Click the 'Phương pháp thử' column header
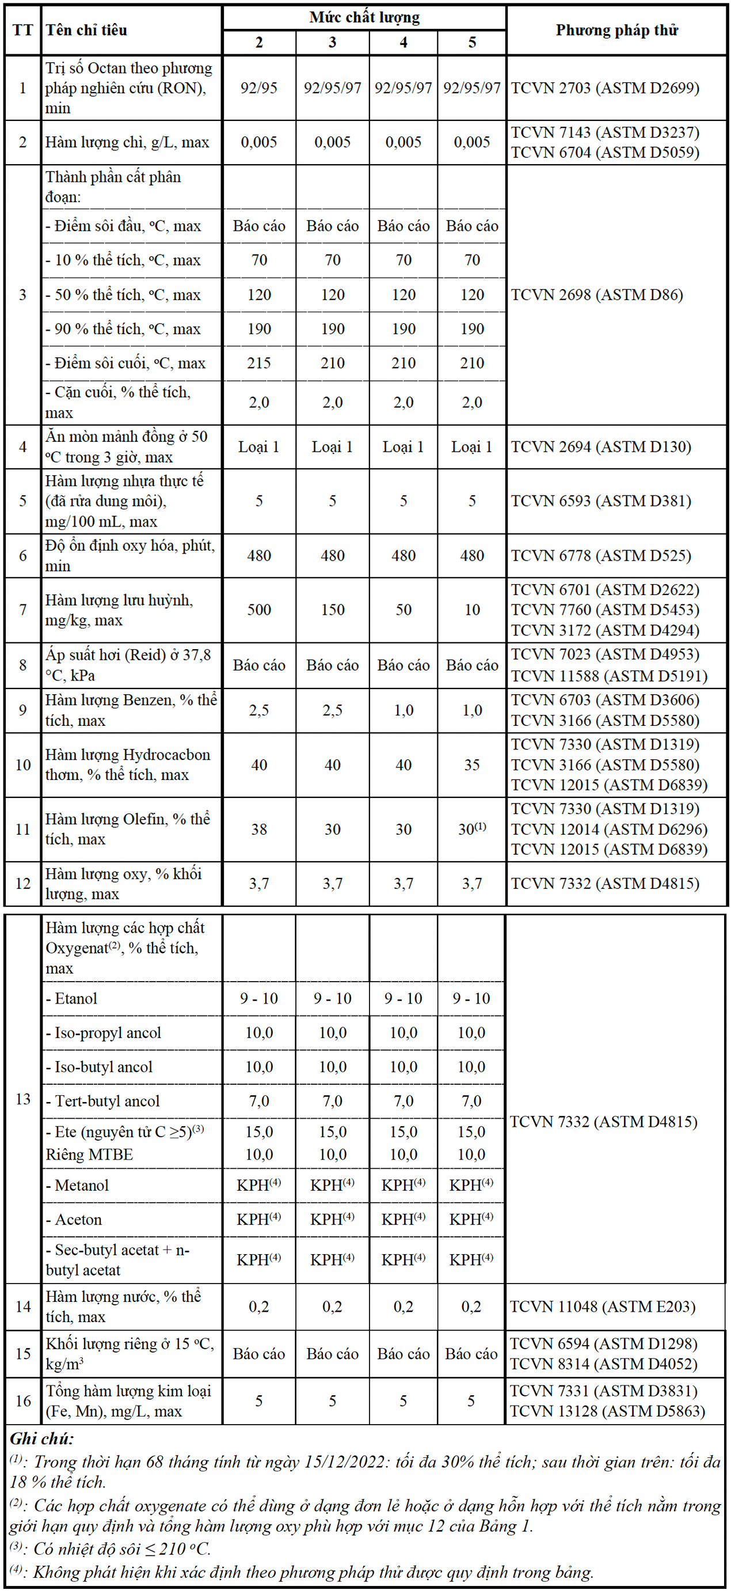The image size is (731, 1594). pyautogui.click(x=616, y=31)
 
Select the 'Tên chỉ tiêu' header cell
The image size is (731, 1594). pyautogui.click(x=86, y=31)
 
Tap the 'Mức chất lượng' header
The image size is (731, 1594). pyautogui.click(x=364, y=17)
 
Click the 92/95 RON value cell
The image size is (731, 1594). pyautogui.click(x=258, y=88)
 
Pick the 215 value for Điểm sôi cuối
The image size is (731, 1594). pyautogui.click(x=258, y=364)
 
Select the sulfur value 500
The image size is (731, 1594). pyautogui.click(x=258, y=610)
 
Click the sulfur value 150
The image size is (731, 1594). pyautogui.click(x=332, y=610)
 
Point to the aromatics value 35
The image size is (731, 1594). pyautogui.click(x=472, y=766)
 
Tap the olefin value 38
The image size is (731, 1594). pyautogui.click(x=258, y=830)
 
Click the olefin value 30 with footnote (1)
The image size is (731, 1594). pyautogui.click(x=472, y=830)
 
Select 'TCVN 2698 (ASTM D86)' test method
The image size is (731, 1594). pyautogui.click(x=597, y=295)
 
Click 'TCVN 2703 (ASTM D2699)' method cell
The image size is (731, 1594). pyautogui.click(x=605, y=88)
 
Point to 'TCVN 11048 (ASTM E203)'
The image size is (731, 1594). pyautogui.click(x=603, y=1307)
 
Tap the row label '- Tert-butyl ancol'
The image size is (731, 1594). pyautogui.click(x=102, y=1101)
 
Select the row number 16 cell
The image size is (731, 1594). pyautogui.click(x=23, y=1401)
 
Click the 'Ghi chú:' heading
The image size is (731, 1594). pyautogui.click(x=41, y=1438)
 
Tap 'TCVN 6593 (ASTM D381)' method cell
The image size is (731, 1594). pyautogui.click(x=600, y=501)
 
